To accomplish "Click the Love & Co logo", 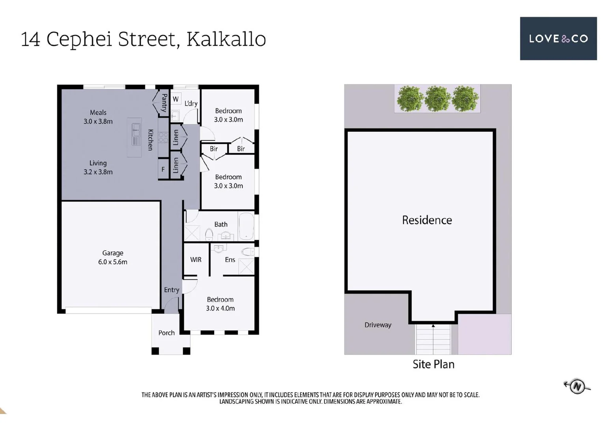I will [x=558, y=38].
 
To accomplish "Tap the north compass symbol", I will [x=577, y=386].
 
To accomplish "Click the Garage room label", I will [x=113, y=253].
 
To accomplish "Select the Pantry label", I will [x=164, y=103].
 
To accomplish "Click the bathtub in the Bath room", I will [x=246, y=226].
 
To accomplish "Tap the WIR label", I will [x=196, y=260].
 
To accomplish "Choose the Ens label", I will [x=230, y=260].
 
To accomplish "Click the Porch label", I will [x=166, y=333].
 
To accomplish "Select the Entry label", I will [x=172, y=290].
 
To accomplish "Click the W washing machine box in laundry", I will [x=176, y=99].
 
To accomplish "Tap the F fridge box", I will [x=163, y=169].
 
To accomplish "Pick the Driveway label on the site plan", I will [x=378, y=325].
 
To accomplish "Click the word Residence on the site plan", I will [x=427, y=220].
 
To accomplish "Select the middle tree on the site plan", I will [x=437, y=99].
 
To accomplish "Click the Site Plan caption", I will [x=433, y=364].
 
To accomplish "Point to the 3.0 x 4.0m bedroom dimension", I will [x=220, y=308].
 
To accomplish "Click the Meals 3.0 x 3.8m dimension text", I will [x=98, y=121].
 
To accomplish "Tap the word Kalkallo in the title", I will [x=226, y=39].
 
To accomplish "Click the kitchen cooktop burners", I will [x=163, y=137].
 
